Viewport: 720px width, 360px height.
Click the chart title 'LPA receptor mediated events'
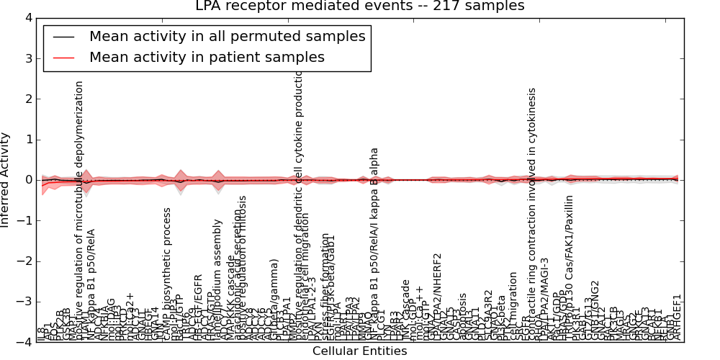point(359,6)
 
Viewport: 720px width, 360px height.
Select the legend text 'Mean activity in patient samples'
point(207,58)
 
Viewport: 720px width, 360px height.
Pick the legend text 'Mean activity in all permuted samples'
point(227,37)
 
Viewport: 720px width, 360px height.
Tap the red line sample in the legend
point(63,58)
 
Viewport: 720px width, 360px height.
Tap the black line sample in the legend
point(63,37)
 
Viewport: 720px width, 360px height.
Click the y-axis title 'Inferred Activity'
point(6,180)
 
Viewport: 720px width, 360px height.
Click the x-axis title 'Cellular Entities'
point(359,351)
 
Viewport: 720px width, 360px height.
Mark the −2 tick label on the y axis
point(25,261)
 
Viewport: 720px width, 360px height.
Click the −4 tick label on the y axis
point(25,342)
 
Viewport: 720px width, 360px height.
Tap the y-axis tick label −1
point(25,220)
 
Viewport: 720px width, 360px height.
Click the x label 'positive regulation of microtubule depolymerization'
point(80,209)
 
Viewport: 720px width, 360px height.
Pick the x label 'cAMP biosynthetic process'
point(167,274)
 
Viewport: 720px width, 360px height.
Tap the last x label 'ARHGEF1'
point(677,318)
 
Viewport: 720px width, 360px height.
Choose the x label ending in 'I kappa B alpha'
point(374,245)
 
